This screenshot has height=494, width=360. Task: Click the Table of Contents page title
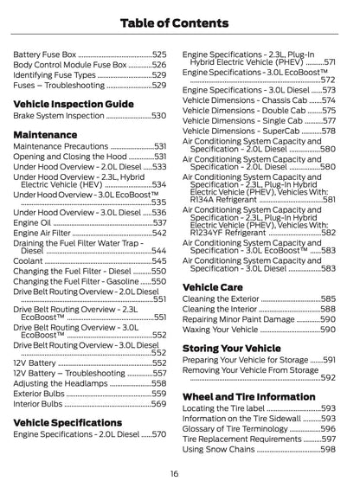pyautogui.click(x=180, y=22)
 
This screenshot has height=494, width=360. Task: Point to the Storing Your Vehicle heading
pyautogui.click(x=231, y=348)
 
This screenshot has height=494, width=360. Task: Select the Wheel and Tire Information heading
pyautogui.click(x=248, y=396)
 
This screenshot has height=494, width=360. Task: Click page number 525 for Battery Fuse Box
pyautogui.click(x=159, y=54)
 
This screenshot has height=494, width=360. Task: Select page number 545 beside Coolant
pyautogui.click(x=159, y=260)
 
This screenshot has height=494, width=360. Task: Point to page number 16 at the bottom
pyautogui.click(x=175, y=473)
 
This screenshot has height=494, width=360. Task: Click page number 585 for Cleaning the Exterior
pyautogui.click(x=328, y=298)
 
